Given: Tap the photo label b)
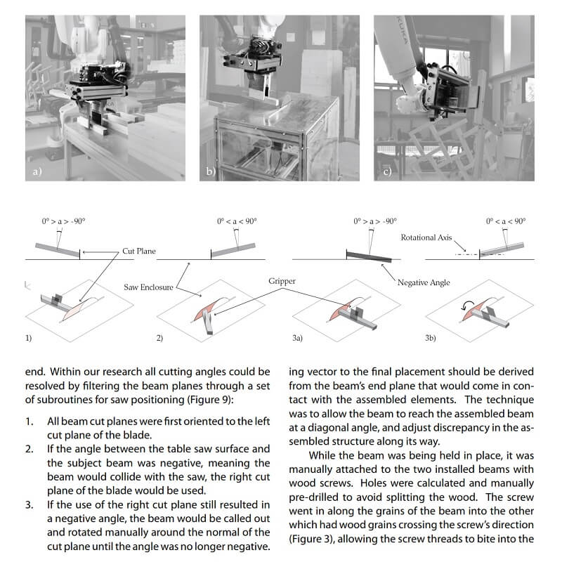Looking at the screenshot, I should (209, 171).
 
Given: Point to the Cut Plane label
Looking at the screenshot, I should (138, 251).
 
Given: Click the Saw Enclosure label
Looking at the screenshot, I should (147, 287).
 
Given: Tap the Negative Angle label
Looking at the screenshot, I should (424, 282).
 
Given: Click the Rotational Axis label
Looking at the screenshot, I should (426, 238).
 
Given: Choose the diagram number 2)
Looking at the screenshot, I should (159, 338).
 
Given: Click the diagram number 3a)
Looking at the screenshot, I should (297, 338).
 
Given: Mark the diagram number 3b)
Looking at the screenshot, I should (431, 338).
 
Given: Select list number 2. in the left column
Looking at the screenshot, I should (29, 448).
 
